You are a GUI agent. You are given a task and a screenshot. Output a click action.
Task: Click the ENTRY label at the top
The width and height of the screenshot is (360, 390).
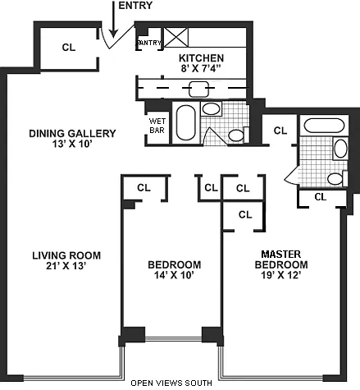pyautogui.click(x=135, y=5)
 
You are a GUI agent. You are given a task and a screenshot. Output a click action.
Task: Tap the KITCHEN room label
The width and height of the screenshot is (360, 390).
pyautogui.click(x=201, y=58)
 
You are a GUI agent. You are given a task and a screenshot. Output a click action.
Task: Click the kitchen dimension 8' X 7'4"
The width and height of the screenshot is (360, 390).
pyautogui.click(x=201, y=68)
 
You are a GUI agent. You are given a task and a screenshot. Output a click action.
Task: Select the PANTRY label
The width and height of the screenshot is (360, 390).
pyautogui.click(x=149, y=43)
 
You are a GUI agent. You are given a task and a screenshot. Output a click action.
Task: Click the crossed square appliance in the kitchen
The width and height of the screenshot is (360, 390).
pyautogui.click(x=175, y=37)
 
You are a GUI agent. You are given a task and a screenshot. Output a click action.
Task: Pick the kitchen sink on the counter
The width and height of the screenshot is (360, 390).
pyautogui.click(x=198, y=89)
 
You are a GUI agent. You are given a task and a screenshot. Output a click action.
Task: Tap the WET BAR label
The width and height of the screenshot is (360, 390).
pyautogui.click(x=157, y=126)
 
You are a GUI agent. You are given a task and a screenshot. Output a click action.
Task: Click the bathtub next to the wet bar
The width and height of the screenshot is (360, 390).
pyautogui.click(x=186, y=123)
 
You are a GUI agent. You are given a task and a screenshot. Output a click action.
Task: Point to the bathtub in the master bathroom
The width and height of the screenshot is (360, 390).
pyautogui.click(x=324, y=126)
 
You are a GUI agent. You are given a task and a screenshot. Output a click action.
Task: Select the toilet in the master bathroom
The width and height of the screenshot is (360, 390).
pyautogui.click(x=338, y=178)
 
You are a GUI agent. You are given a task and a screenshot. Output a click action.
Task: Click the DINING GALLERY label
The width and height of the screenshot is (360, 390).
pyautogui.click(x=72, y=134)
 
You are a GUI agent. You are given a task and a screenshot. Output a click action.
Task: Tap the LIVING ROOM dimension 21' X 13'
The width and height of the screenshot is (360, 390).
pyautogui.click(x=66, y=265)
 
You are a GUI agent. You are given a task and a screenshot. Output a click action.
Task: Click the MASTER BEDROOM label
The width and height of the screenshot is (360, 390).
pyautogui.click(x=281, y=259)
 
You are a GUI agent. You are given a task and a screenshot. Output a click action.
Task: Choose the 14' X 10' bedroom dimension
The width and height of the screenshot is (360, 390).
pyautogui.click(x=174, y=275)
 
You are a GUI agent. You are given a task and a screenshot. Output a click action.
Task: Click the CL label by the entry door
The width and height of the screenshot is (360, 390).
pyautogui.click(x=69, y=48)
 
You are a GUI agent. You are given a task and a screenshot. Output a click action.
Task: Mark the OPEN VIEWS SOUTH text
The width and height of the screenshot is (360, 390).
pyautogui.click(x=171, y=383)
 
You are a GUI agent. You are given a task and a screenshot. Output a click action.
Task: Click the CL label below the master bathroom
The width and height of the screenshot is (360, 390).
pyautogui.click(x=320, y=196)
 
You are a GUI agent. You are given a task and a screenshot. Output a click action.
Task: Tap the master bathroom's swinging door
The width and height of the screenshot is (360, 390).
pyautogui.click(x=292, y=177)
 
